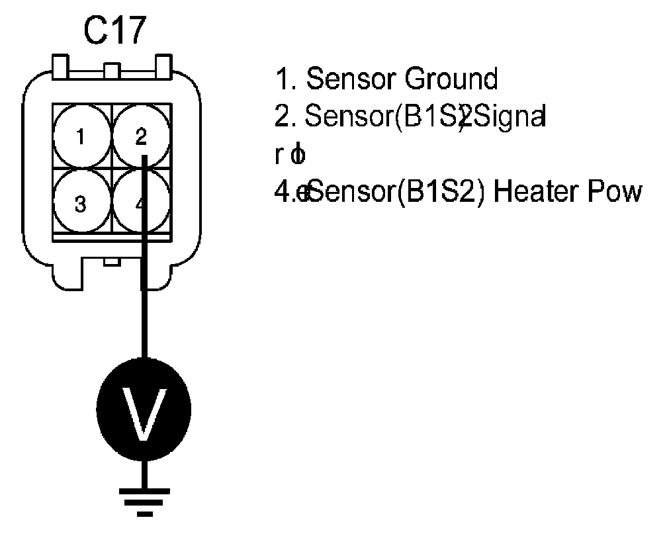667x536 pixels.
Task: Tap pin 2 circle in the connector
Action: tap(141, 137)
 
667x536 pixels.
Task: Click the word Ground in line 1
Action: tap(451, 79)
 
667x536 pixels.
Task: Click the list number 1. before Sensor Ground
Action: tap(285, 79)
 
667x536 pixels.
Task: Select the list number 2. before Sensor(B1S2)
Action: tap(285, 118)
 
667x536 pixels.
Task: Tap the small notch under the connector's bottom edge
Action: tap(112, 262)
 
